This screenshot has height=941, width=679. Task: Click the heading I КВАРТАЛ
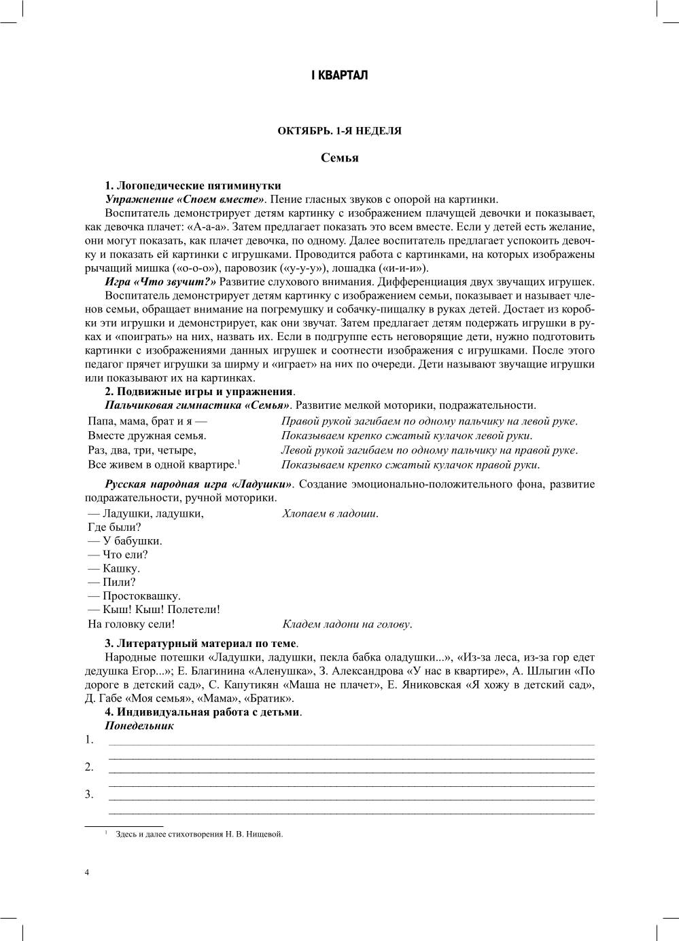339,75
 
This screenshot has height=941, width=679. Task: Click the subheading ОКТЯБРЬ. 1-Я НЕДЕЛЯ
339,131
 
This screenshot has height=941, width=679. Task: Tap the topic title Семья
339,158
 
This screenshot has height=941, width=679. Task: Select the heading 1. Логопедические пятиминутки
193,185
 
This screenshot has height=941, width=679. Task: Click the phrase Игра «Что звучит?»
160,282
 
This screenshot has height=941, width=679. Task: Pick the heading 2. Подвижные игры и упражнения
200,392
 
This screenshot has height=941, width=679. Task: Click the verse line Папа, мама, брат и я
143,422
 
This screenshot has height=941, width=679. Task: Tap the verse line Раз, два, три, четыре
142,450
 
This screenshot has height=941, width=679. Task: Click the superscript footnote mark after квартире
239,462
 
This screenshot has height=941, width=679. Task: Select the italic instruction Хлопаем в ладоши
330,514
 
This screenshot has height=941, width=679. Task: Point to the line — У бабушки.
125,541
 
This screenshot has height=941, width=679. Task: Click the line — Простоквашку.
134,596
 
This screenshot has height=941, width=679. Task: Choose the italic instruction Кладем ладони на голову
347,625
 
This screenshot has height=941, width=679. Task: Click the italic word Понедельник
139,726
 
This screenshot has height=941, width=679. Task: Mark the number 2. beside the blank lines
89,767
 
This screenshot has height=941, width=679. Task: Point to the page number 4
87,873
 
